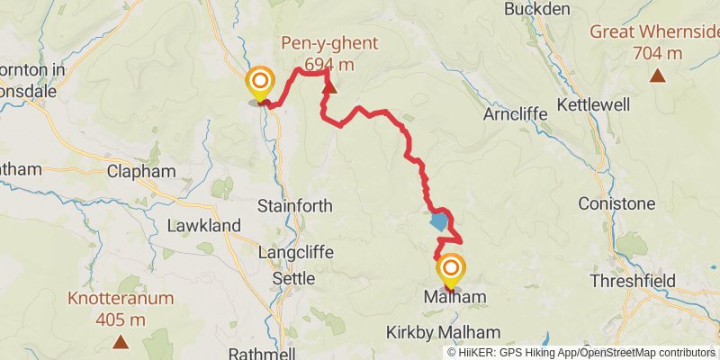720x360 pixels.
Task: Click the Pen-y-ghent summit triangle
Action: (330, 87)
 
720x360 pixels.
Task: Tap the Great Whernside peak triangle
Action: (659, 76)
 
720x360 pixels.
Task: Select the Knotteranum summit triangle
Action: (121, 341)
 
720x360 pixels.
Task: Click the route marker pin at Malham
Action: (450, 270)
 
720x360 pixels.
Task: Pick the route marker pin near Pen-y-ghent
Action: (260, 82)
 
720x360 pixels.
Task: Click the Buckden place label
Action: (537, 9)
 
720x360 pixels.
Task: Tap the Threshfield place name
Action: (634, 280)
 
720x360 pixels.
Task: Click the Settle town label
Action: (293, 279)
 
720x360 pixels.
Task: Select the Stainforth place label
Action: (295, 206)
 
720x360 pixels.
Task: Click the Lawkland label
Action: (203, 225)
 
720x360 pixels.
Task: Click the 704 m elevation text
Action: (657, 53)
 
